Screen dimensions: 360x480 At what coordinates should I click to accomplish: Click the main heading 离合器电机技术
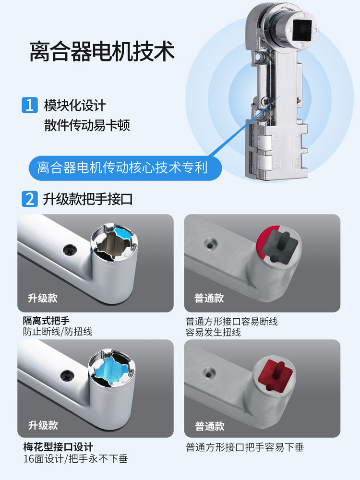coord(102,51)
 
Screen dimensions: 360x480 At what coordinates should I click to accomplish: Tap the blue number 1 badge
coord(30,105)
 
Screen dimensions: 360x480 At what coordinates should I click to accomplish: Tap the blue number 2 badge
coord(30,199)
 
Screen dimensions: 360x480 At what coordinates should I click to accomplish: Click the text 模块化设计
coord(75,105)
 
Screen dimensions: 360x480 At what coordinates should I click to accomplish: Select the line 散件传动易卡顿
coord(87,125)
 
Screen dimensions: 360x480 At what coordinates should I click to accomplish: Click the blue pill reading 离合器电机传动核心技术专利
coord(125,168)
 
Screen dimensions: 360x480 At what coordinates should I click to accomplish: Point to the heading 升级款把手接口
coord(87,199)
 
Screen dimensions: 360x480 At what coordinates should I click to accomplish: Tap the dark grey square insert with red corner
coord(280,247)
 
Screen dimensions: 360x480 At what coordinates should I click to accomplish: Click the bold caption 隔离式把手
coord(46,321)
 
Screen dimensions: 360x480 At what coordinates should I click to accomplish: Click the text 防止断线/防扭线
coord(58,332)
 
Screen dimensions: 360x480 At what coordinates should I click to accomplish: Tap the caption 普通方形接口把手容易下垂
coord(245,447)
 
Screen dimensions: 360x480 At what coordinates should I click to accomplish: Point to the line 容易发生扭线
coord(214,332)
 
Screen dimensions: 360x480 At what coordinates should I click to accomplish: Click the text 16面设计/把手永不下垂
coord(76,458)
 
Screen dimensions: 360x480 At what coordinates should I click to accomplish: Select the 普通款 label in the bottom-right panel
coord(210,426)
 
